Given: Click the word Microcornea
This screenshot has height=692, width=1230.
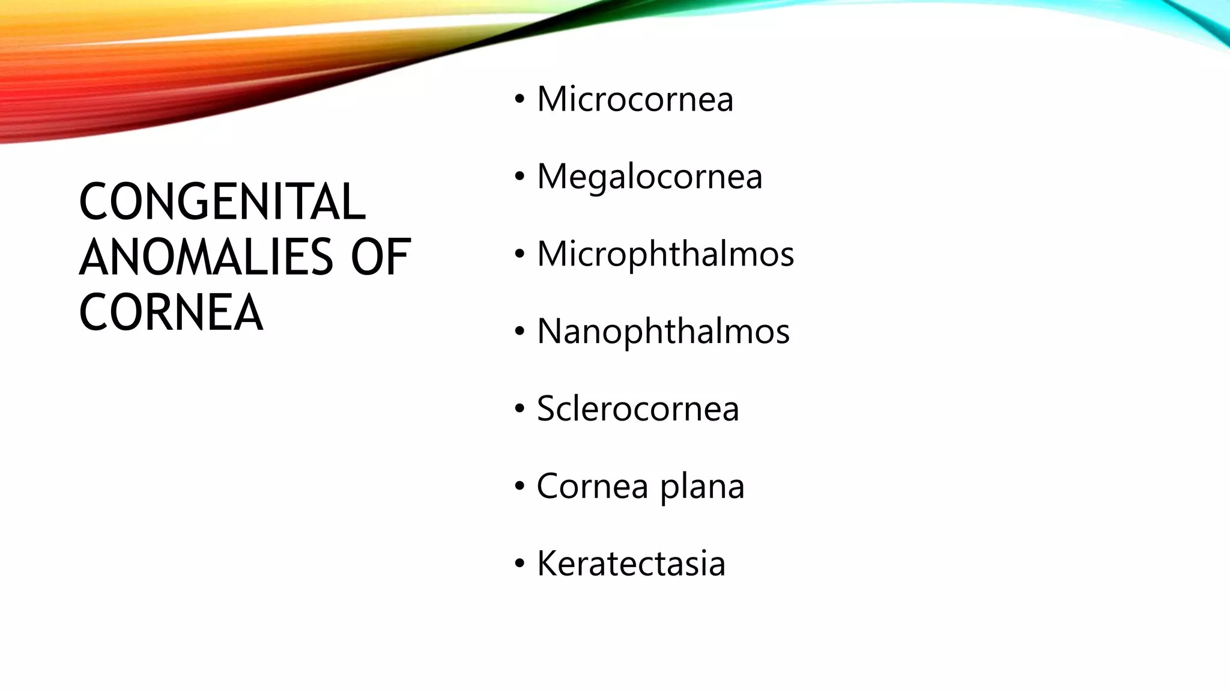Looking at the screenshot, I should click(x=635, y=99).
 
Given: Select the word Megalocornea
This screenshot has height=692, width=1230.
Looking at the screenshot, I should click(x=649, y=177).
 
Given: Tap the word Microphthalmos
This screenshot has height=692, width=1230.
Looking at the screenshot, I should click(x=665, y=254).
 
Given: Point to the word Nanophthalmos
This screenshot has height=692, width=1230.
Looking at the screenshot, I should click(x=663, y=332).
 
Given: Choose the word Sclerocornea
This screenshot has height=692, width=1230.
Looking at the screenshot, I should click(x=638, y=409).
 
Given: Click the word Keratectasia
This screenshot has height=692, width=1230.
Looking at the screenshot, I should click(x=631, y=564).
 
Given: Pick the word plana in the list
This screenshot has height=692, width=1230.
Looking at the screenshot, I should click(x=702, y=487).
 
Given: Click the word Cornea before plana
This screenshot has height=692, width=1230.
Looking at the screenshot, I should click(x=592, y=487).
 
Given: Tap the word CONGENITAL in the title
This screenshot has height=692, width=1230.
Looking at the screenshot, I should click(x=222, y=202).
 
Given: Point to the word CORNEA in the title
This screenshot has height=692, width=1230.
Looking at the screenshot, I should click(x=171, y=312).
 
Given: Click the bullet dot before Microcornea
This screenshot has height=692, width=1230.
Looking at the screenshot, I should click(x=520, y=100).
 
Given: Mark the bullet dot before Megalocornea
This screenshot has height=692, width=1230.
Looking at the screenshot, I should click(x=520, y=178).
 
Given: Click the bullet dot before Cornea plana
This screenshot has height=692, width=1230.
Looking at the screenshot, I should click(x=520, y=488).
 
